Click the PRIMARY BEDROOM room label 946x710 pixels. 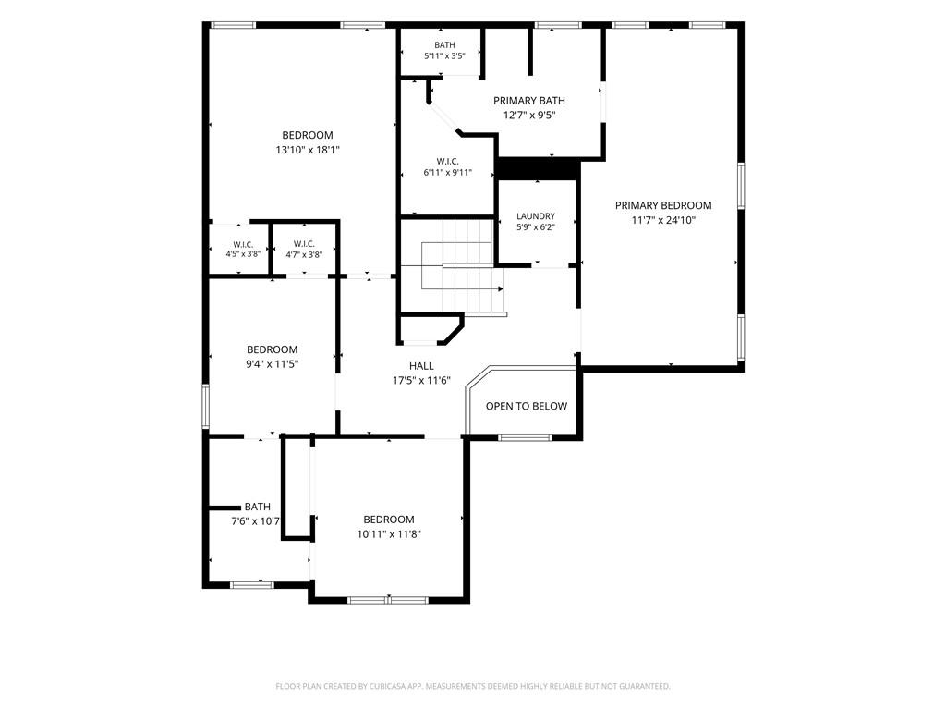(x=663, y=205)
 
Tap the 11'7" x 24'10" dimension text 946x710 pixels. (x=663, y=220)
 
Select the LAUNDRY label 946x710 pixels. (x=536, y=216)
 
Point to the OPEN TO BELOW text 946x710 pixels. (x=526, y=407)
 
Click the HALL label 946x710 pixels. (x=421, y=366)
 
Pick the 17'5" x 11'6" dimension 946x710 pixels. (x=421, y=380)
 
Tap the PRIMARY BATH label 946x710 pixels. (x=529, y=101)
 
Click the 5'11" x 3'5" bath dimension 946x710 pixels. (x=444, y=56)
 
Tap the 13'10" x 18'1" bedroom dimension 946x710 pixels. (x=308, y=150)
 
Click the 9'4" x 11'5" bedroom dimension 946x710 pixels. (x=273, y=364)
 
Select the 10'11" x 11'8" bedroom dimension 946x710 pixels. (x=389, y=534)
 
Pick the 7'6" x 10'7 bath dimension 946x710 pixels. (x=255, y=521)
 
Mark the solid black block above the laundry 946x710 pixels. (x=537, y=169)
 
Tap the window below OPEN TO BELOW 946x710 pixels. (x=525, y=437)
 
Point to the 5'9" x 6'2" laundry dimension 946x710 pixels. (x=536, y=227)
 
